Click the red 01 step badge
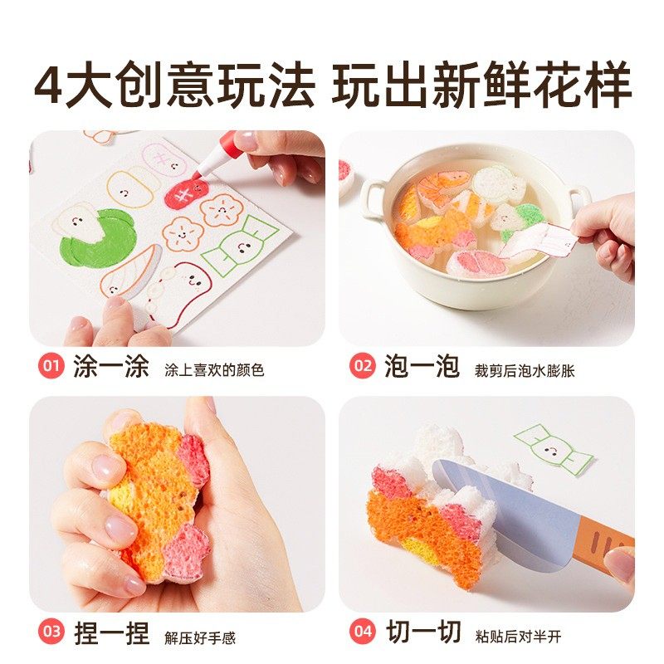[50, 366]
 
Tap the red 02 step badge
[361, 366]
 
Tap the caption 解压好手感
[200, 637]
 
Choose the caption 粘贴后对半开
[519, 637]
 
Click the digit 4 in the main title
[51, 86]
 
